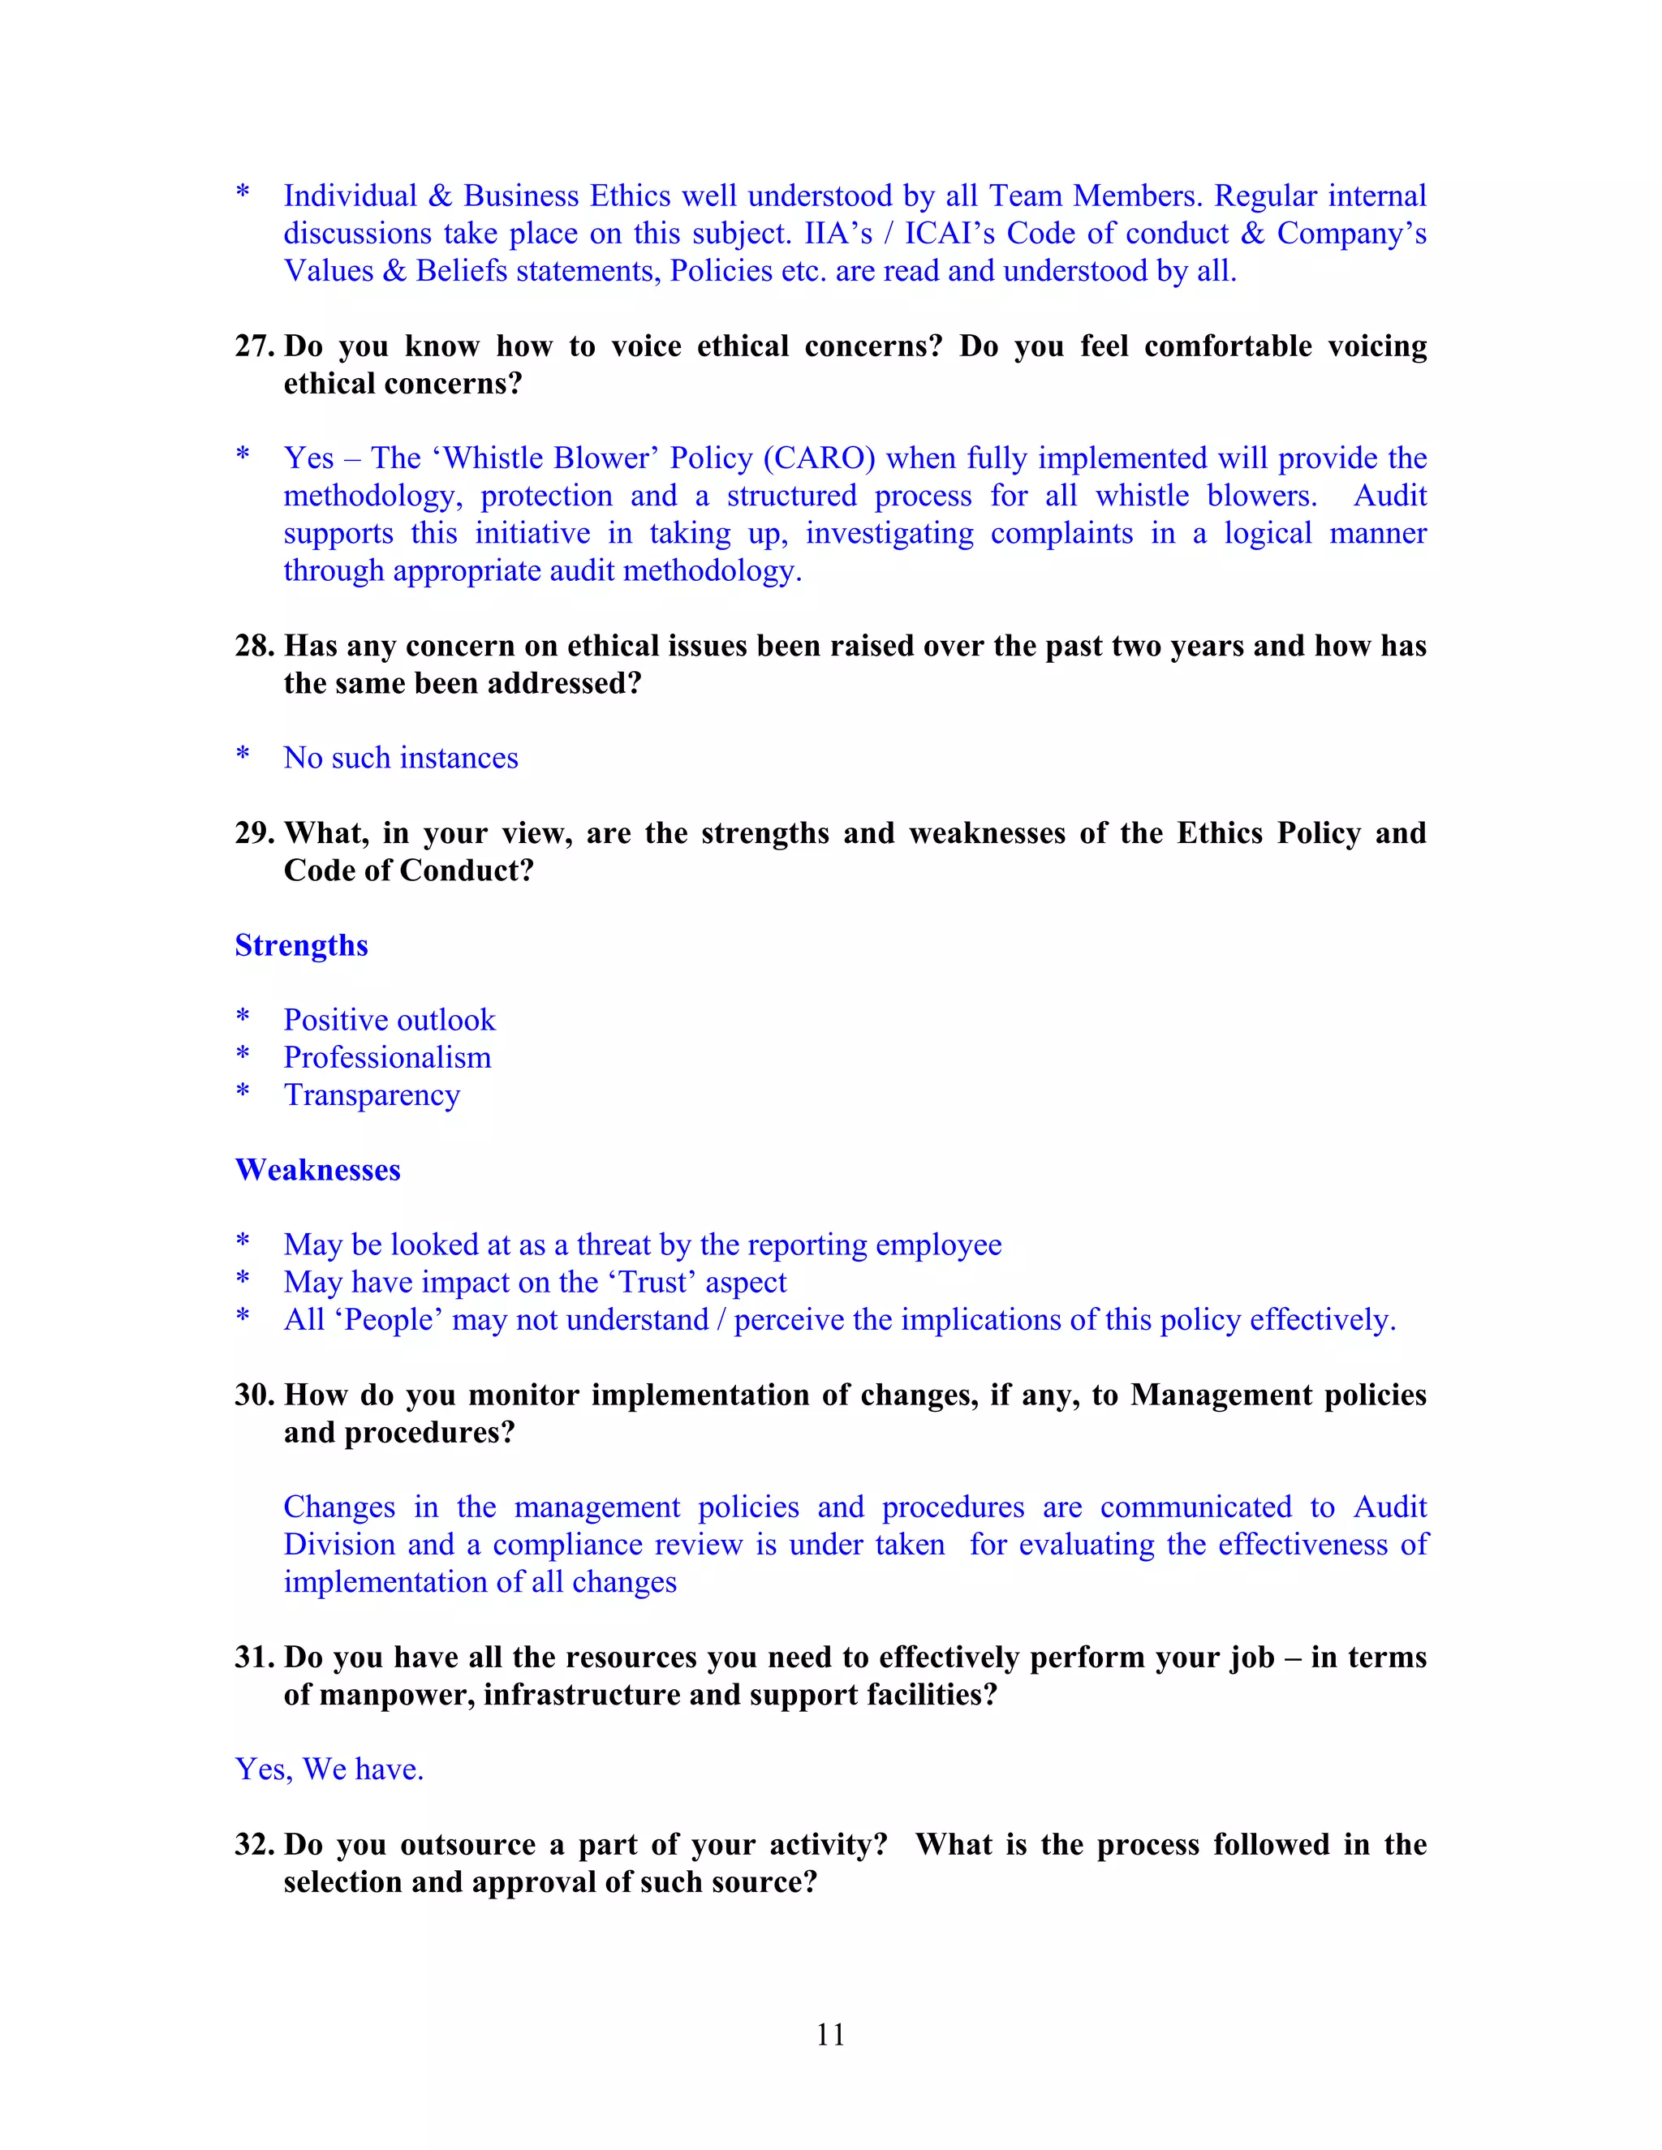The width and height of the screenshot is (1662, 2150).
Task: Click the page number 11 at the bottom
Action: (830, 2034)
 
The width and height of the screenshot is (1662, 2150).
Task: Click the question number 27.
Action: (254, 346)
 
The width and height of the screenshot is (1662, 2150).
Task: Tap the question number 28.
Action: (254, 646)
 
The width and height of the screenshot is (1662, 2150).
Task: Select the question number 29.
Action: (254, 833)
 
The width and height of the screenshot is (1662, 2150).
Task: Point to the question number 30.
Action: (254, 1395)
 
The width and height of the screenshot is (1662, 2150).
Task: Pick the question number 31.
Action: (254, 1657)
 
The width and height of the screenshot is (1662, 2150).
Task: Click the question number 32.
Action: (254, 1844)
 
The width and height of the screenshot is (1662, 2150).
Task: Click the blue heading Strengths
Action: (301, 945)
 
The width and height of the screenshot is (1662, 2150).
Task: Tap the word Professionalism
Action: (387, 1057)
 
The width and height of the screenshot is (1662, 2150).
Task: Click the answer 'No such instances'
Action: (401, 758)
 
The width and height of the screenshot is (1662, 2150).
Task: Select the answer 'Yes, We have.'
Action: (329, 1769)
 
